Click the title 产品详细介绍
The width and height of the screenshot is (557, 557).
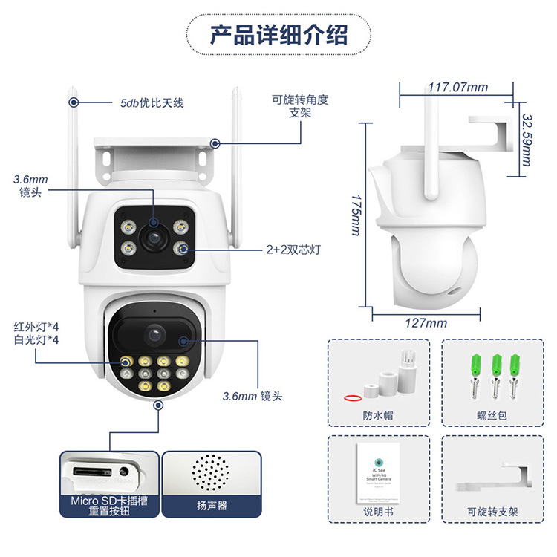278,35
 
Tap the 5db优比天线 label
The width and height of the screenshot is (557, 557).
152,103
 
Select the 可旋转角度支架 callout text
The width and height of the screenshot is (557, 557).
299,105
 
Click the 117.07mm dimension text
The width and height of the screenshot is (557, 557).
457,87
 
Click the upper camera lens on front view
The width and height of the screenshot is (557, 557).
154,237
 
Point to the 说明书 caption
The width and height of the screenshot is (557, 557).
378,512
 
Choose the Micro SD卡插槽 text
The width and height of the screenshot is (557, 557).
109,501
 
